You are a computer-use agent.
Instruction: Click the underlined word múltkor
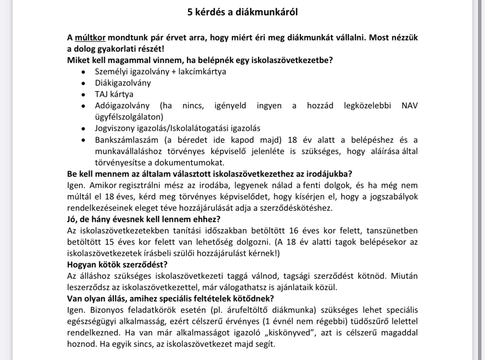tap(90, 38)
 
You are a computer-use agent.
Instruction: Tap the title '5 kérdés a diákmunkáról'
tap(242, 12)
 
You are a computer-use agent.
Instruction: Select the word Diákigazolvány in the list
tap(123, 83)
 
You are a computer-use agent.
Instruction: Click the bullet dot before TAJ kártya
tap(83, 95)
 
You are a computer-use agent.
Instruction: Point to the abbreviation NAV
tap(409, 106)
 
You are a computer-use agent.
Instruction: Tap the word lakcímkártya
tap(202, 72)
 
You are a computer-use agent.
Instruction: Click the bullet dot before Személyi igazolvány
tap(83, 72)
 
